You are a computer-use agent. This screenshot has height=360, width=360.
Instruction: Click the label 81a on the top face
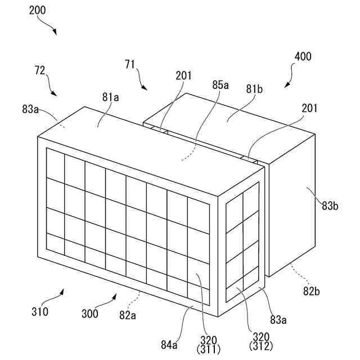pyautogui.click(x=110, y=97)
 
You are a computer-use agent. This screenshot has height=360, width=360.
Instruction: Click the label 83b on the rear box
pyautogui.click(x=329, y=206)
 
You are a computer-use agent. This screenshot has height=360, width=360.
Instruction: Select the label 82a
pyautogui.click(x=128, y=315)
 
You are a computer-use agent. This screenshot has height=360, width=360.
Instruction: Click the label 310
pyautogui.click(x=39, y=311)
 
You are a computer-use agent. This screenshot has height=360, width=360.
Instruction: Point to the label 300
pyautogui.click(x=89, y=314)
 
